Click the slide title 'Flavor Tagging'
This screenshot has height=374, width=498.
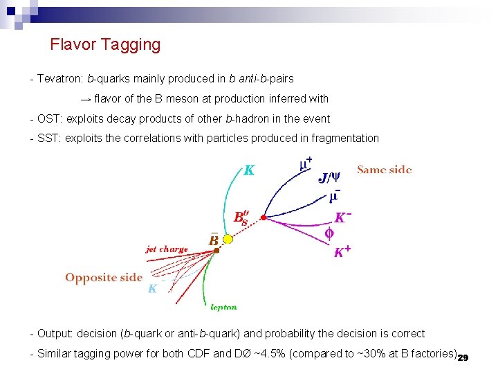(x=105, y=45)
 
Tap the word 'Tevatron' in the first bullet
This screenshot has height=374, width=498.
(x=59, y=79)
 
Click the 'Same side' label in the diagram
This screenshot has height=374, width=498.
(x=384, y=170)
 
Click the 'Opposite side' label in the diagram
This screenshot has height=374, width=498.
(x=104, y=278)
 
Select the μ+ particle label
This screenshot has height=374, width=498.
(x=305, y=165)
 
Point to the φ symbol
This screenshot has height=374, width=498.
(x=329, y=233)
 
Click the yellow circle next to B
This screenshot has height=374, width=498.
(x=228, y=239)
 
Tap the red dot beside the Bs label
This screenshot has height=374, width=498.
(x=264, y=217)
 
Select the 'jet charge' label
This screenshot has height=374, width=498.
(x=167, y=249)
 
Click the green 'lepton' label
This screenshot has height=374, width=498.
(x=223, y=307)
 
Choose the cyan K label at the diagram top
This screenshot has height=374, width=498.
(x=249, y=170)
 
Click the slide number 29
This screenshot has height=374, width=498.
(x=463, y=357)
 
